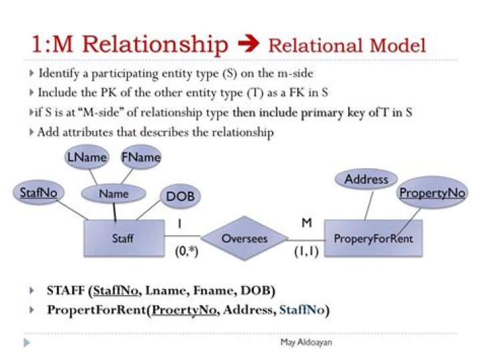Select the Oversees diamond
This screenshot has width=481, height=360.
(x=244, y=238)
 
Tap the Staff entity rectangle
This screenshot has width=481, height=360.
(x=124, y=238)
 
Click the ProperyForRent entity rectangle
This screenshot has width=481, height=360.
(x=373, y=238)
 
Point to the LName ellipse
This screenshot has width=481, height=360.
(x=87, y=158)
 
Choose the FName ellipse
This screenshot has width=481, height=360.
(x=141, y=158)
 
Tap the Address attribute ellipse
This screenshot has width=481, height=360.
(x=367, y=179)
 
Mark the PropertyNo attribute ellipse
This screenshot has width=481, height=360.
(x=432, y=193)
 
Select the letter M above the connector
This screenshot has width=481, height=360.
(x=307, y=222)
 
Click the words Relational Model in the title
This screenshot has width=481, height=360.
(x=346, y=45)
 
